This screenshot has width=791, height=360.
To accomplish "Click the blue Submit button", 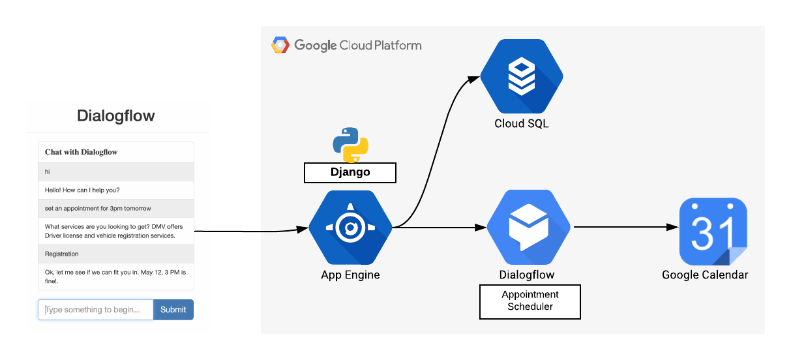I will [173, 310].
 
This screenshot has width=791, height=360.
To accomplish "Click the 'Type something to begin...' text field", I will [96, 310].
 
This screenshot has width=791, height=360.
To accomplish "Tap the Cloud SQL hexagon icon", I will [522, 76].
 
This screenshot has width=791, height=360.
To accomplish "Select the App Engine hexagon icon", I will [350, 228].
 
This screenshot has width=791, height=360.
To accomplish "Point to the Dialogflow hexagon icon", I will [530, 228].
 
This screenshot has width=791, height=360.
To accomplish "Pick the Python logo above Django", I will [351, 145].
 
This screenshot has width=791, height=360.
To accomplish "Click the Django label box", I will [350, 172].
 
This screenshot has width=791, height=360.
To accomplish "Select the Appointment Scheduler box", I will [530, 301].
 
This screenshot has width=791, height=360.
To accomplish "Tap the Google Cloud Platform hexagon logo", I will [280, 45].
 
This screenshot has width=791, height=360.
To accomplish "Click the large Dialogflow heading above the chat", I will [116, 116].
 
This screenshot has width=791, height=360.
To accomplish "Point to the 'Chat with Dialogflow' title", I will [81, 152].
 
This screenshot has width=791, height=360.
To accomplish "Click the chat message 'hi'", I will [48, 172].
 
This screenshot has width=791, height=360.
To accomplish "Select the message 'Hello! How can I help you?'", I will [82, 190].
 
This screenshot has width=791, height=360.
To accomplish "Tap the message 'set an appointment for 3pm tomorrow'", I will [98, 209].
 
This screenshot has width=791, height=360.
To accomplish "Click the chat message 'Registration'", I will [62, 254].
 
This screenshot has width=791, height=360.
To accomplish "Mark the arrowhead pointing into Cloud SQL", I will [474, 79].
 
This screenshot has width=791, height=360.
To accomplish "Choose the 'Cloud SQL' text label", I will [522, 123].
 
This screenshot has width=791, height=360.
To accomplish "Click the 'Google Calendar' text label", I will [705, 275].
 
